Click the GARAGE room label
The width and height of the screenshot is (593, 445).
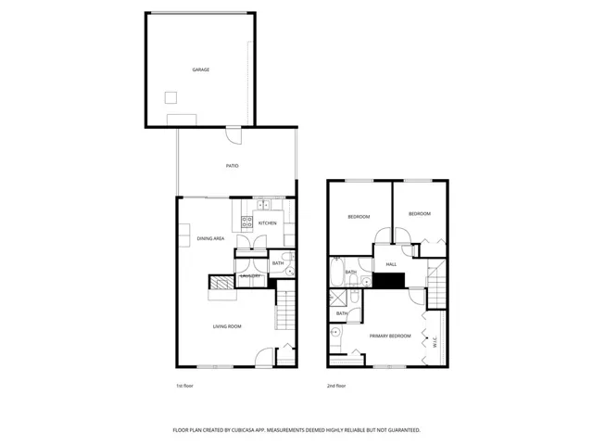(x=200, y=70)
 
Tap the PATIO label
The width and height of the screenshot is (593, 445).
(x=233, y=166)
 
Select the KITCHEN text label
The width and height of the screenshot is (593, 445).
(x=267, y=223)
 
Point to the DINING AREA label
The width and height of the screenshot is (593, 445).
(x=211, y=238)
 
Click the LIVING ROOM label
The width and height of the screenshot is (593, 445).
(x=227, y=326)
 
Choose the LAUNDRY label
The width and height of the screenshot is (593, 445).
(x=250, y=276)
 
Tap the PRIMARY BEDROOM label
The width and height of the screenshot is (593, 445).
(x=389, y=336)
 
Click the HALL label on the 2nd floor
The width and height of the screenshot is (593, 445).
(x=391, y=264)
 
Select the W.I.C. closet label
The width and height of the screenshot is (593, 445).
(x=435, y=340)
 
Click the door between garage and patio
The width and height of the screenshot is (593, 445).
(x=236, y=136)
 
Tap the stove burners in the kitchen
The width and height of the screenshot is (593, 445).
(x=246, y=222)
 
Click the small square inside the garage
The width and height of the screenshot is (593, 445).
(x=170, y=97)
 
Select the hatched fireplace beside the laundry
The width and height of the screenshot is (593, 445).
(x=221, y=283)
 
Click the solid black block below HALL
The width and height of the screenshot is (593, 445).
(x=391, y=281)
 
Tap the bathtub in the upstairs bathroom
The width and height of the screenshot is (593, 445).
(x=337, y=274)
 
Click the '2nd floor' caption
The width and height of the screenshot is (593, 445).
(x=336, y=386)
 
